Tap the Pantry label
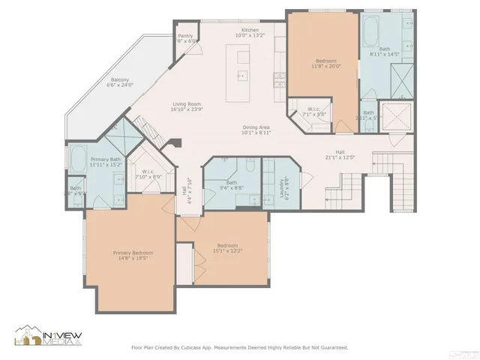[185, 36]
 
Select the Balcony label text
[120, 79]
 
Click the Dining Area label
[256, 127]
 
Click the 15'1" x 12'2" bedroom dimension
[229, 250]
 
